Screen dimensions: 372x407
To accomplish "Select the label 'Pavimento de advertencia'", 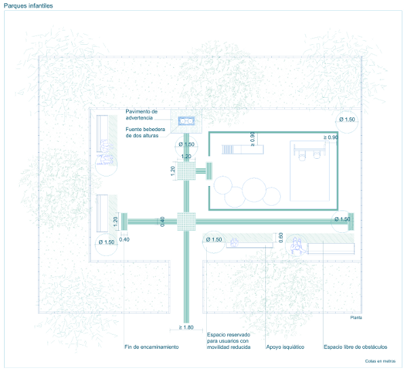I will [x=141, y=114].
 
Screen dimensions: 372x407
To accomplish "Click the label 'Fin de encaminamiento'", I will [x=152, y=347].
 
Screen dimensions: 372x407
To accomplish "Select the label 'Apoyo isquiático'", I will [x=284, y=347].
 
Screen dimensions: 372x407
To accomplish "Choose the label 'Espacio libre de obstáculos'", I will [x=351, y=347].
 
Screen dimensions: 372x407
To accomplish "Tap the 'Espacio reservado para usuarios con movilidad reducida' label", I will [x=229, y=341].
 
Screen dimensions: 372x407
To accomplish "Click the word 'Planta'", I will [x=356, y=318].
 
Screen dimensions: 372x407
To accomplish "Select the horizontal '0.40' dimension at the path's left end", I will [x=124, y=239].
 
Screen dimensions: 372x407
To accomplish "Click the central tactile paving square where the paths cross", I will [x=187, y=221].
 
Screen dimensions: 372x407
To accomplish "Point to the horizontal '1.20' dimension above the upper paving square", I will [x=186, y=157].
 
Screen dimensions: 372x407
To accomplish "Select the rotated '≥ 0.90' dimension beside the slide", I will [x=253, y=139].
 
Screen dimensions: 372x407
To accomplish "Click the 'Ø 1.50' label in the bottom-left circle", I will [x=107, y=242].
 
